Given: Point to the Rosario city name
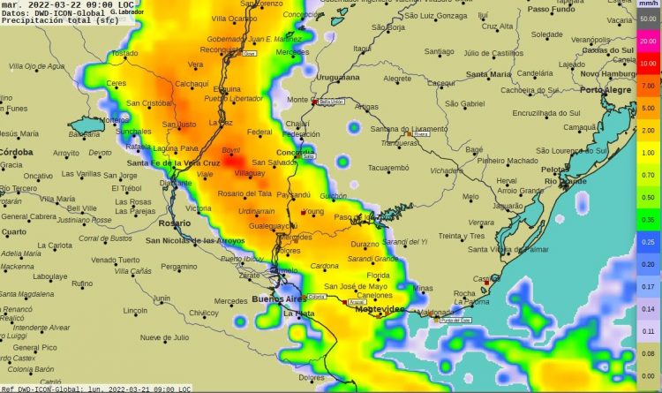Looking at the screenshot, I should click(x=175, y=223).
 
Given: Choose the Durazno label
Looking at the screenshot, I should click(x=365, y=243).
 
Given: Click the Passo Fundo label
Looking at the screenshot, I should click(x=550, y=9).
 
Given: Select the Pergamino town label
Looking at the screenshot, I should click(x=178, y=267).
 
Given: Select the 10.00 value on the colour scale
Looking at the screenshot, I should click(x=647, y=64).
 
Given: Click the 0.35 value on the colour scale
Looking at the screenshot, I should click(x=647, y=219).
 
